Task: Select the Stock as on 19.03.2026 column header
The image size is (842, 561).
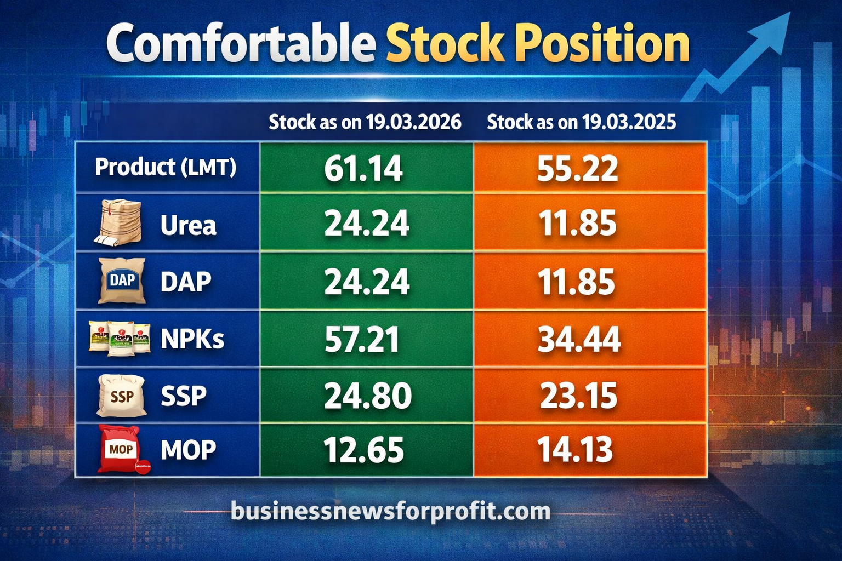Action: point(365,122)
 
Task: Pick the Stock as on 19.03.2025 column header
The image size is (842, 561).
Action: point(581,122)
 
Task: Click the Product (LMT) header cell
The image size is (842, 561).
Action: point(166,167)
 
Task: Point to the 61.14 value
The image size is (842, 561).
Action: point(363,168)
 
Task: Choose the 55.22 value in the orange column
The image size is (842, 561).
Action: point(577,168)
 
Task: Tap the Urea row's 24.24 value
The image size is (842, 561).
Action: point(366,224)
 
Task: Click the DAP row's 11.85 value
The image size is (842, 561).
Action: point(577,282)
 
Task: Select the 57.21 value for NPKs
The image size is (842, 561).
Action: point(362,340)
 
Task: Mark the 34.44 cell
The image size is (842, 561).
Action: point(579,340)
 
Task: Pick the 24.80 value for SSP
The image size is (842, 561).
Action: point(367,396)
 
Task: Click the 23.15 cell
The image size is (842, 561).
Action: point(578,396)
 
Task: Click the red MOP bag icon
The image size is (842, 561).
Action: point(122,449)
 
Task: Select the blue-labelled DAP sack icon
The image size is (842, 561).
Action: point(122,280)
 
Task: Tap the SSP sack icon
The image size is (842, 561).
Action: point(121,396)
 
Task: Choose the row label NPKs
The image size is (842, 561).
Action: point(192,340)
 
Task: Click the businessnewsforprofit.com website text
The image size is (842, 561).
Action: point(390,511)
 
